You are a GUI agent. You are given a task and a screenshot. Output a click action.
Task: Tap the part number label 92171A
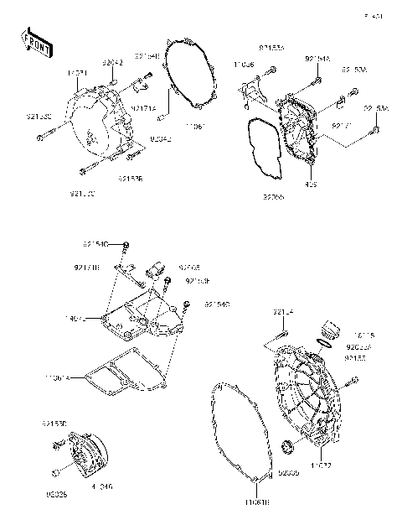[142, 109]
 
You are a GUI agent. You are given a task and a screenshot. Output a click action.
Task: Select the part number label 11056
[245, 64]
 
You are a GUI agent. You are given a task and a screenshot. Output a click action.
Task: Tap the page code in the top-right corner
[373, 15]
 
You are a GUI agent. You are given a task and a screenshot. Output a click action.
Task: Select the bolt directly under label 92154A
[319, 81]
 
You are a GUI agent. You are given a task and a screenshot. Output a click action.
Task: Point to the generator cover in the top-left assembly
[96, 122]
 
